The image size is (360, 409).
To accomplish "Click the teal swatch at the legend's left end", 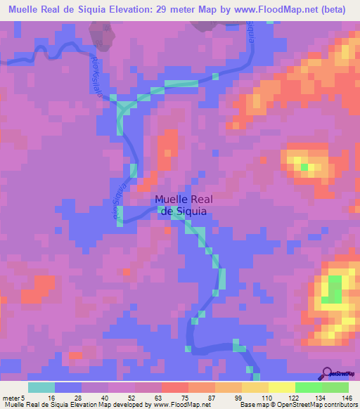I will coord(41,388).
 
